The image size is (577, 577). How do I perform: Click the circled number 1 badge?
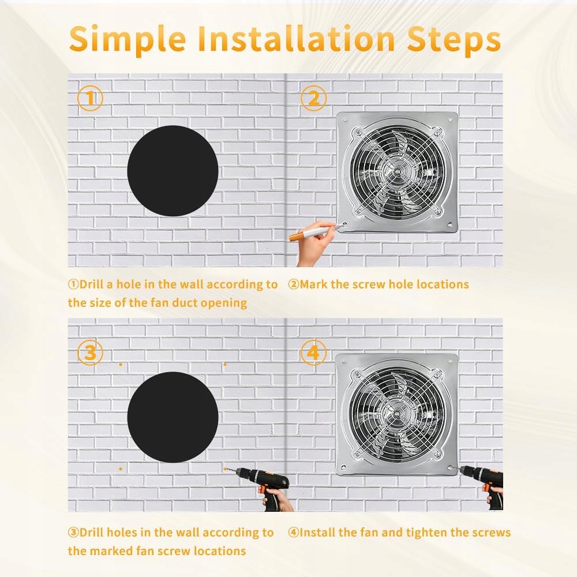coord(90,98)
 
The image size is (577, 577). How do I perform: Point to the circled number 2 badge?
coord(313,98)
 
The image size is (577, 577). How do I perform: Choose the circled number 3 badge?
coord(90,353)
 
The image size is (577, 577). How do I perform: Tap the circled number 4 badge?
coord(313,353)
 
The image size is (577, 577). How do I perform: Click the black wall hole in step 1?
coord(173,171)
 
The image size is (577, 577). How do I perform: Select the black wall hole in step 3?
coord(173,417)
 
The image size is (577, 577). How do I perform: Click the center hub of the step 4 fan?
coord(397,413)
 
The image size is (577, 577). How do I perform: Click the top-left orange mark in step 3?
coord(121,365)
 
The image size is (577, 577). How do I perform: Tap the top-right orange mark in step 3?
coord(225,365)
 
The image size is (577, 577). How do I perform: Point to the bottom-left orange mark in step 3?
coord(121,469)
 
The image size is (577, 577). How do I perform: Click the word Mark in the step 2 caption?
coord(313,284)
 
